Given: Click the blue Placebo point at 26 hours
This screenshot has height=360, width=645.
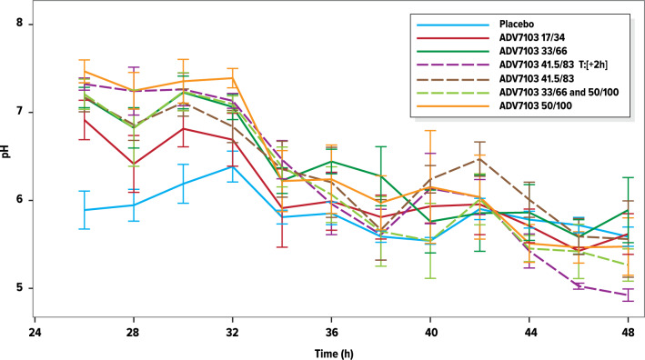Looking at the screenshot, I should (x=85, y=210).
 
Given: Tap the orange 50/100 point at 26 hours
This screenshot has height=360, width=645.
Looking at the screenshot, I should (x=85, y=71).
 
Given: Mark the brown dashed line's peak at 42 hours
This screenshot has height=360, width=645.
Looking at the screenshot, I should (x=480, y=159).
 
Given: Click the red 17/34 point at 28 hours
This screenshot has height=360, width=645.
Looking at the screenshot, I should (x=134, y=164).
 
